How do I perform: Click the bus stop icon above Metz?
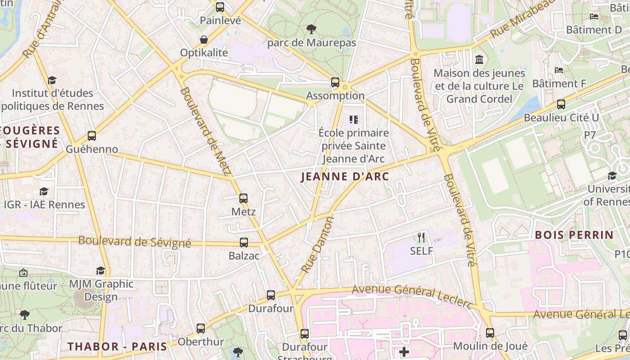click(243, 198)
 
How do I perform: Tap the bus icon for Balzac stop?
click(244, 243)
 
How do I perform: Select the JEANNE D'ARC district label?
click(345, 177)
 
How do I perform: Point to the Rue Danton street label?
click(318, 245)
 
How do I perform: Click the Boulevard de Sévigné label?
click(135, 241)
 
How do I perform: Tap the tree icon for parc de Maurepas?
click(311, 30)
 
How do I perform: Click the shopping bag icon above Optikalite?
click(204, 40)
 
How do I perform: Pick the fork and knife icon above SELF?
click(421, 237)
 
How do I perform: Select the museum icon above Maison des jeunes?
click(479, 59)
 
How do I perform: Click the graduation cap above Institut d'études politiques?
click(52, 80)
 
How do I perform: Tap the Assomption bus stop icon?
click(335, 82)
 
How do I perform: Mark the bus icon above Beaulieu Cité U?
click(561, 104)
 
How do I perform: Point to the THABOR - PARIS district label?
click(117, 346)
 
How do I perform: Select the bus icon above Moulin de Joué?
click(490, 333)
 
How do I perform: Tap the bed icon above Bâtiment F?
click(559, 70)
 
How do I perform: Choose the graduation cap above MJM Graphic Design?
click(101, 270)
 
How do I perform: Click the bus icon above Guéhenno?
click(92, 135)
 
